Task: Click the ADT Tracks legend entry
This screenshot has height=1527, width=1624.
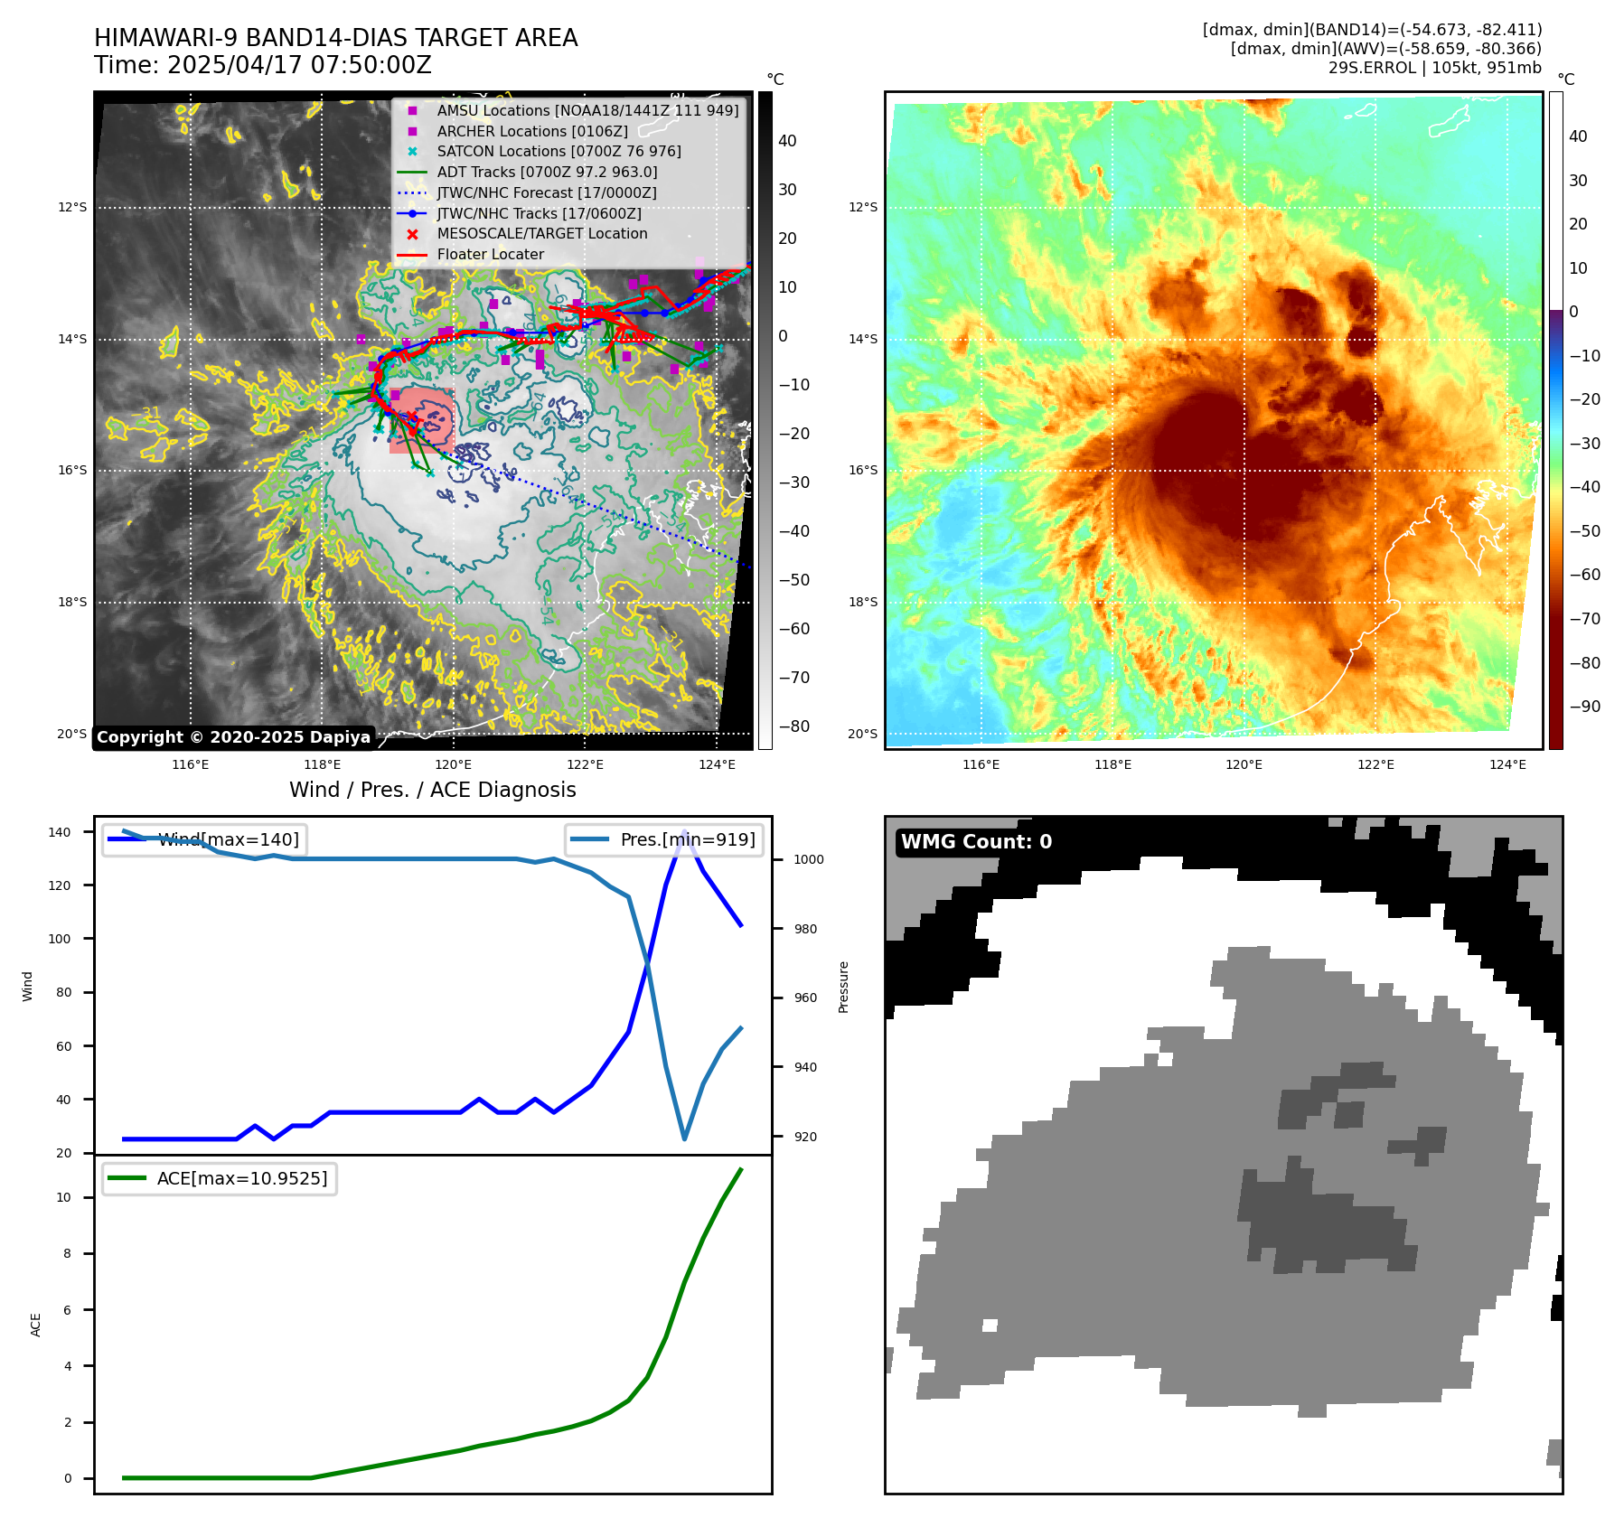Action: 547,172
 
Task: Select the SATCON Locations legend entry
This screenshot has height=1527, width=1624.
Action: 559,151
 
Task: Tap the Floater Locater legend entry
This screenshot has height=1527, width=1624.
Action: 490,255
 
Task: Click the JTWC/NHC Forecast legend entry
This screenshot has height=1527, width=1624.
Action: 546,192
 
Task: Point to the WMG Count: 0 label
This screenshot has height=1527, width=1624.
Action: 976,842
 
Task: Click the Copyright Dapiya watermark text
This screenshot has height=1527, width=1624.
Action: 233,737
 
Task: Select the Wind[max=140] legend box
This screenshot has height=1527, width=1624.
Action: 204,839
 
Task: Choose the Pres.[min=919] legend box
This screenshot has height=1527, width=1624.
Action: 664,839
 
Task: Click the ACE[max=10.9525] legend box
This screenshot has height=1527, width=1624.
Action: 220,1178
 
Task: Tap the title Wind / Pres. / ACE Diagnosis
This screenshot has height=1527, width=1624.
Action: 432,790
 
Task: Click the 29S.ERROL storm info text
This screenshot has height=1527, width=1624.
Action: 1434,68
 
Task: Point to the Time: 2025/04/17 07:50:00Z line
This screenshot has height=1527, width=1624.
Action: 263,65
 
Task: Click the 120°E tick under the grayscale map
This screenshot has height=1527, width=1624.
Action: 453,764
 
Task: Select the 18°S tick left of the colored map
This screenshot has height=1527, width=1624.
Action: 862,602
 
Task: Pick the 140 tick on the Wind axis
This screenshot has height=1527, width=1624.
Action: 60,832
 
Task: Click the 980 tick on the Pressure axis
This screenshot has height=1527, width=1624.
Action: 808,929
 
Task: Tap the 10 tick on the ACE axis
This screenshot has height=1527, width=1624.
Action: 64,1197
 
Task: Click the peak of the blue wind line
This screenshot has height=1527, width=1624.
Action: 684,832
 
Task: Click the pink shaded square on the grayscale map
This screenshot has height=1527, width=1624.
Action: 422,420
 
